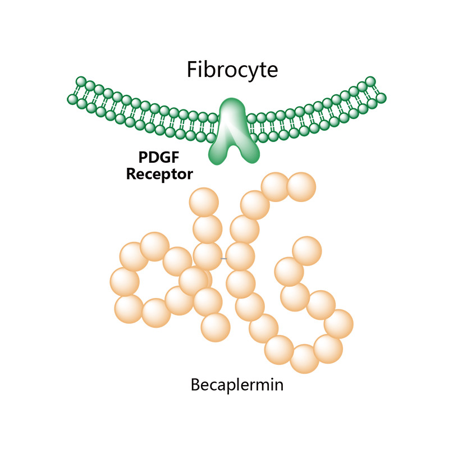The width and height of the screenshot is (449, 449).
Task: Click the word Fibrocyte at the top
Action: [232, 70]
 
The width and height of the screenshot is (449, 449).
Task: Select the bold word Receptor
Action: [160, 173]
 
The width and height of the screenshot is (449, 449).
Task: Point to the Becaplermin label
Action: [237, 386]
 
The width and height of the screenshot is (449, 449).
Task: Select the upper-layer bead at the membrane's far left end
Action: [81, 83]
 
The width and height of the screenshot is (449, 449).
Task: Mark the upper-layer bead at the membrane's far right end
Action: [370, 82]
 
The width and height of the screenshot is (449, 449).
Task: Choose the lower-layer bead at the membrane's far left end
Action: [72, 99]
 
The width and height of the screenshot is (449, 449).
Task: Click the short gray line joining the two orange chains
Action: [224, 258]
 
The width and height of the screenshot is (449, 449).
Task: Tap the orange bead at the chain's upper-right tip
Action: [301, 185]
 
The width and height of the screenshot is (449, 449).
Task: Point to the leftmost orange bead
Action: [125, 281]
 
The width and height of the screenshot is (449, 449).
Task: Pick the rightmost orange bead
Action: [338, 324]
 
